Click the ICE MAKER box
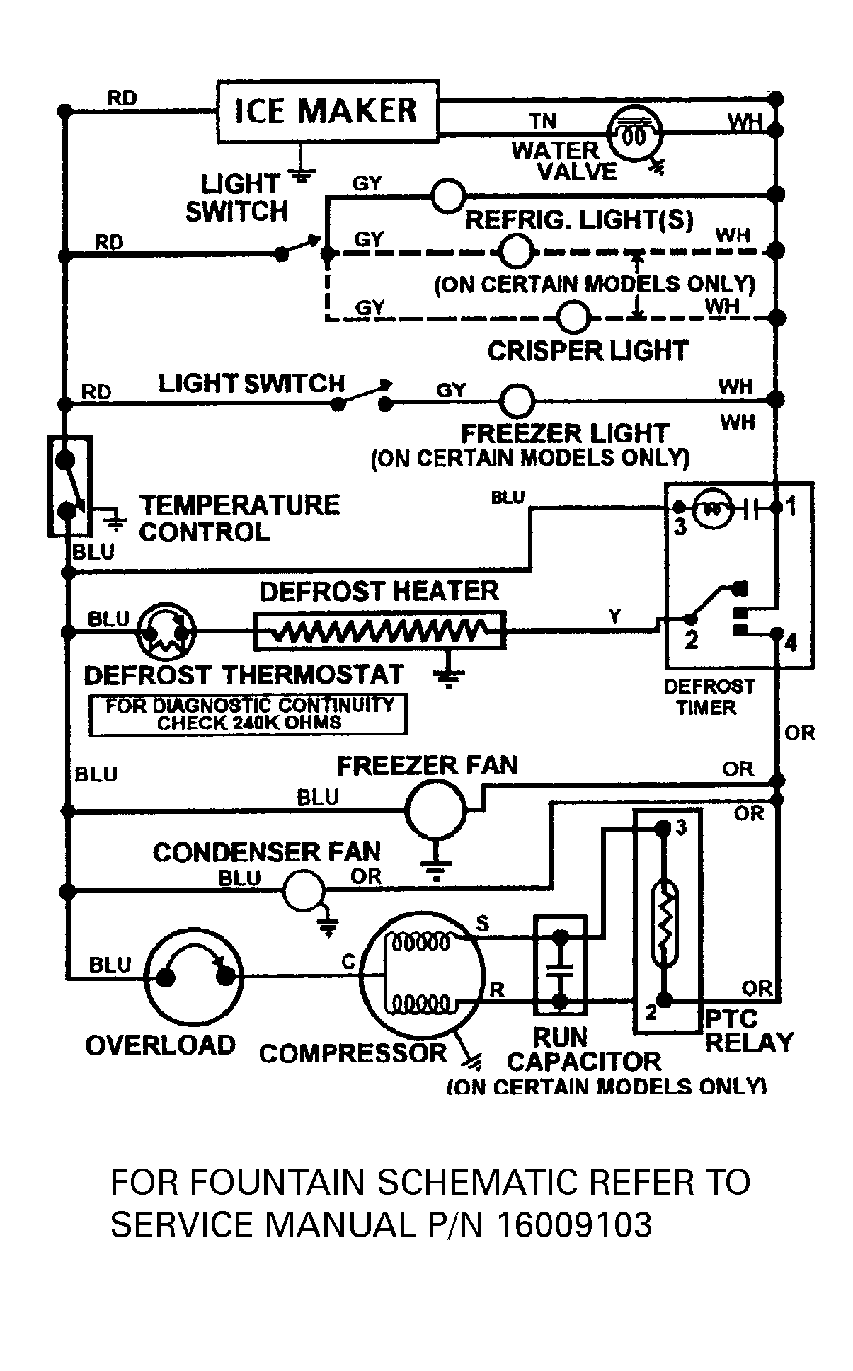(x=327, y=111)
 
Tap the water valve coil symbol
(x=635, y=134)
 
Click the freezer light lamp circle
(x=517, y=401)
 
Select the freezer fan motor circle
(x=435, y=810)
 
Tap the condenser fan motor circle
(x=304, y=891)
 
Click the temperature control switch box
(x=69, y=485)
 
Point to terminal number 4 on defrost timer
(x=791, y=643)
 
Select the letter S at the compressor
(x=482, y=923)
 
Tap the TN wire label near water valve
(x=543, y=122)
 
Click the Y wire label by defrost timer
(x=615, y=616)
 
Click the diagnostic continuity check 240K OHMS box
(x=248, y=714)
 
